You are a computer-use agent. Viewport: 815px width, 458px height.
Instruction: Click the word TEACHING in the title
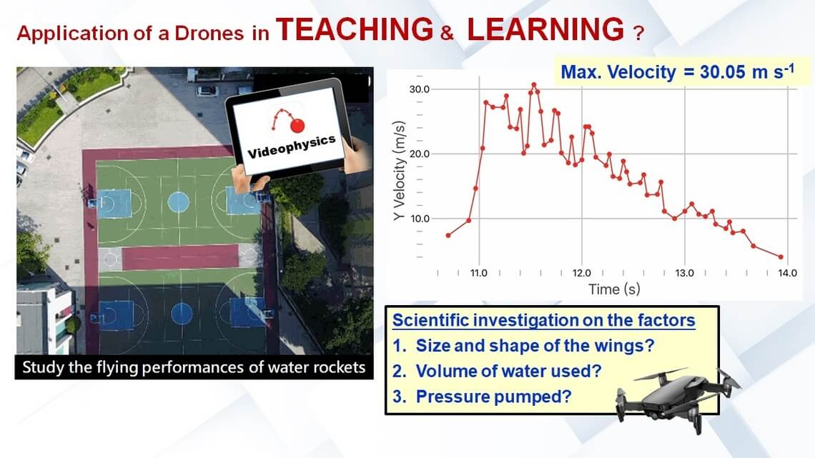click(x=355, y=29)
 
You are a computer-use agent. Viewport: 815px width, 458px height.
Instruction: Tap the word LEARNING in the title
click(x=545, y=29)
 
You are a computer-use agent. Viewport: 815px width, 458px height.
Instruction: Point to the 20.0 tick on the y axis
click(x=420, y=154)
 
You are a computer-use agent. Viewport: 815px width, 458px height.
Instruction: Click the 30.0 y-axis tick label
click(x=420, y=89)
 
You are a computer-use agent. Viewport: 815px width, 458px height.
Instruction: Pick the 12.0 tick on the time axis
click(x=582, y=273)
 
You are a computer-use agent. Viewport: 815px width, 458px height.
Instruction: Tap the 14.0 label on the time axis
click(x=787, y=273)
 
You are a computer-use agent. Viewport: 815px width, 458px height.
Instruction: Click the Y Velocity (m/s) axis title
click(x=399, y=171)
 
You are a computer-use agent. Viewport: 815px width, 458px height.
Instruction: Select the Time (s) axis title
click(x=614, y=289)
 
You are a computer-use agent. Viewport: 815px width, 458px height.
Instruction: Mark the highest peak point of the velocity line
click(x=534, y=84)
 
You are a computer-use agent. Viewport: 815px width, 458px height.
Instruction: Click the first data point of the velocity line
click(x=448, y=236)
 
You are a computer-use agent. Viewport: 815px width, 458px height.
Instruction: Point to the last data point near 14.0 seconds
click(x=781, y=257)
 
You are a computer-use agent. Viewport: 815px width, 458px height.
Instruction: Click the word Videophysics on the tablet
click(x=292, y=147)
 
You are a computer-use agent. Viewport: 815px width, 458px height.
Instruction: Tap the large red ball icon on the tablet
click(x=297, y=126)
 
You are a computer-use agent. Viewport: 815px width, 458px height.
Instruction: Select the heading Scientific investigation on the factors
click(x=543, y=320)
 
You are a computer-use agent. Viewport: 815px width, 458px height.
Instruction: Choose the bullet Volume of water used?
click(x=497, y=372)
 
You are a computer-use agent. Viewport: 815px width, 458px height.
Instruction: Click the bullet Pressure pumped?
click(x=482, y=397)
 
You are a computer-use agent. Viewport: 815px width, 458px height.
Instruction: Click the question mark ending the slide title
click(x=639, y=34)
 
